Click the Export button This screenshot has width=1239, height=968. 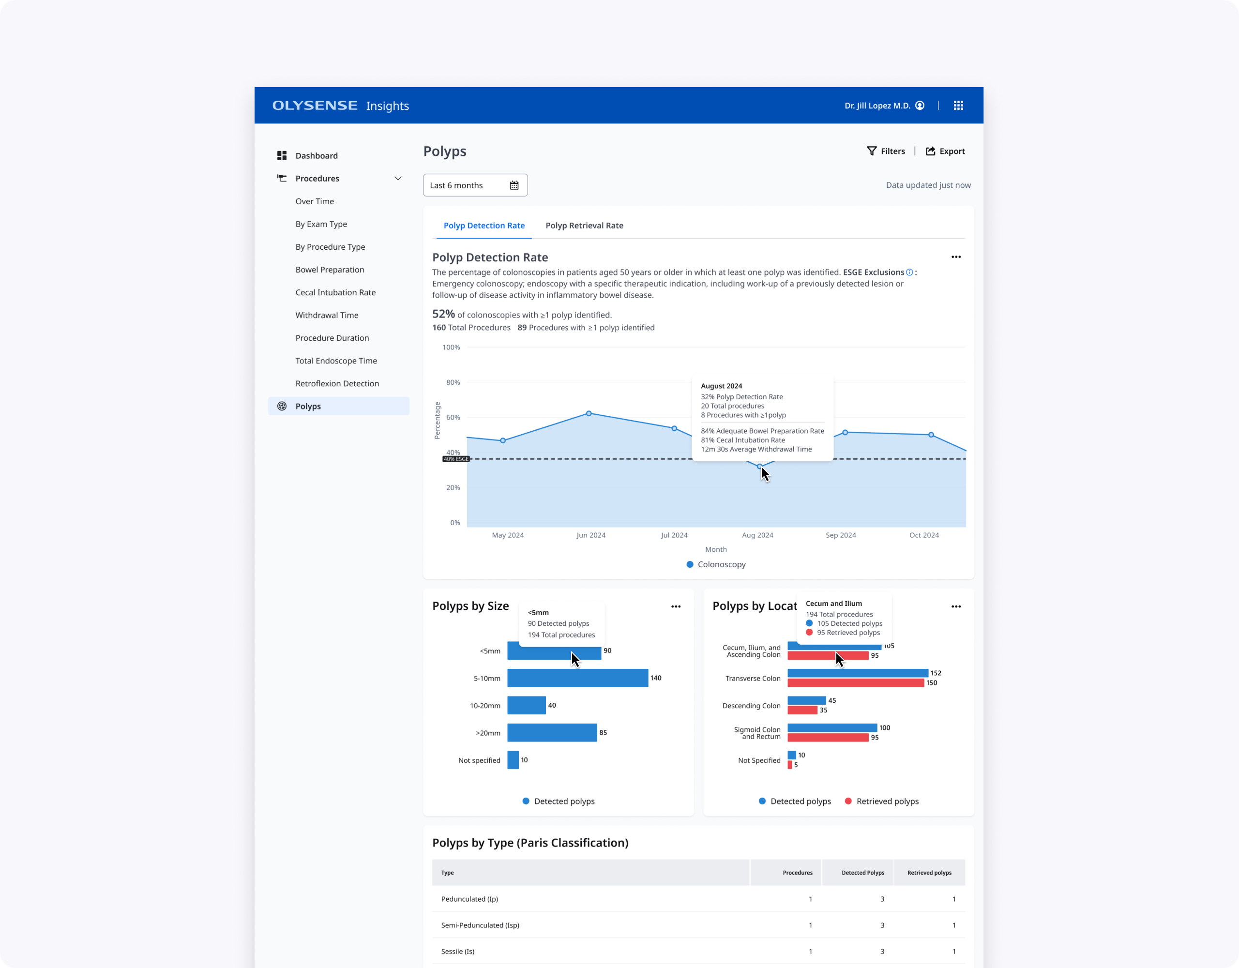pos(945,151)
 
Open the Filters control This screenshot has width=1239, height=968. pos(886,151)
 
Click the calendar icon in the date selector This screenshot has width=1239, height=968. pos(514,185)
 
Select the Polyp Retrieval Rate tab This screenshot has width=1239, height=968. pos(584,225)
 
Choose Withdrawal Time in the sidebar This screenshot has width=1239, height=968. pos(327,315)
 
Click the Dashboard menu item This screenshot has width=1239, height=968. pos(316,155)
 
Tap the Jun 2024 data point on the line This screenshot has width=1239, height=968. pos(589,414)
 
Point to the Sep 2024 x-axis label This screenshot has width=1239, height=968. pos(840,535)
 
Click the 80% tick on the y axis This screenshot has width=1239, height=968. pos(453,382)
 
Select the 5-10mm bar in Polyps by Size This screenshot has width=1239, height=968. pos(577,678)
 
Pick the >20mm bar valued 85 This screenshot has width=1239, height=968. pos(551,732)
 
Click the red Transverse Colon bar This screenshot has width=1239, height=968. pos(855,683)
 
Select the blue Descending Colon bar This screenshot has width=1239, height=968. pos(806,700)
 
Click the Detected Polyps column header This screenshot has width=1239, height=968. pos(862,873)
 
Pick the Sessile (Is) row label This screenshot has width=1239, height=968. pos(457,952)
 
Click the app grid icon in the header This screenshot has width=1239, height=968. pos(958,106)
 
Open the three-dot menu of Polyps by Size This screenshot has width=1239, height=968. pos(676,606)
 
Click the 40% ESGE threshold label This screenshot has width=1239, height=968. pos(456,459)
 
